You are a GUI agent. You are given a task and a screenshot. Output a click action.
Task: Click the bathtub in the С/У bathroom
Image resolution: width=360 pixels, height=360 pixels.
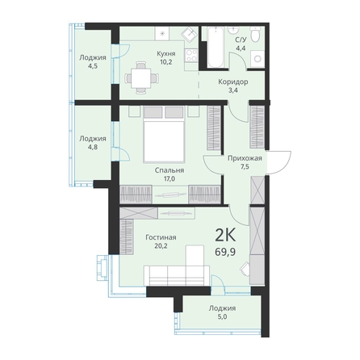[x=216, y=47]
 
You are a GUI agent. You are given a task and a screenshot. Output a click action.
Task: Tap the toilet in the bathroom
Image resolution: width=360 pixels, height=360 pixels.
[x=255, y=34]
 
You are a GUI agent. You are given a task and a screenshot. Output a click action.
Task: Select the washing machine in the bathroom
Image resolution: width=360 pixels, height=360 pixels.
[x=257, y=59]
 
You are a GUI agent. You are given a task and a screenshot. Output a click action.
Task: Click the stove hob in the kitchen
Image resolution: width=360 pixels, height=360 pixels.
[x=191, y=56]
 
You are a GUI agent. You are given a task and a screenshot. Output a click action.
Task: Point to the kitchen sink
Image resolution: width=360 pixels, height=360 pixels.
[x=190, y=34]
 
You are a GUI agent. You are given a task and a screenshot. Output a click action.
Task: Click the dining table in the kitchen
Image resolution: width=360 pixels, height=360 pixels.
[x=141, y=78]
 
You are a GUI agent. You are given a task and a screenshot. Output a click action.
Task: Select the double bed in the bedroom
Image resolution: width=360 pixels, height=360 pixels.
[x=164, y=135]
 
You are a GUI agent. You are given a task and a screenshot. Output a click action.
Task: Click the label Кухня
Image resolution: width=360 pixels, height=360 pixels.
[x=166, y=53]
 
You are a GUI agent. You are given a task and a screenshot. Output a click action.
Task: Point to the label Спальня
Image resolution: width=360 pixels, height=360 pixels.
[x=170, y=170]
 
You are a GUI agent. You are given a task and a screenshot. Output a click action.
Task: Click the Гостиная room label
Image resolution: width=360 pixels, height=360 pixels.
[x=161, y=237]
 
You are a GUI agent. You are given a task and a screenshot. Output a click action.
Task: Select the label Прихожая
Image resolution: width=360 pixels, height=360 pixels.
[x=245, y=158]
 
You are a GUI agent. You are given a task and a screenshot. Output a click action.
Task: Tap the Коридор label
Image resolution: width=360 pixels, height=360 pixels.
[x=233, y=82]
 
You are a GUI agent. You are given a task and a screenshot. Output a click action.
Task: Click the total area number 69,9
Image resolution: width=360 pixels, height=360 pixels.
[x=225, y=252]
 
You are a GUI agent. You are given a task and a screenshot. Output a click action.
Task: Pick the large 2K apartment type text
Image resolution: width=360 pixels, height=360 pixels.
[x=225, y=236]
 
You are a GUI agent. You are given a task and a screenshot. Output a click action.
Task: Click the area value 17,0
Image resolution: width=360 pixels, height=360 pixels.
[x=169, y=178]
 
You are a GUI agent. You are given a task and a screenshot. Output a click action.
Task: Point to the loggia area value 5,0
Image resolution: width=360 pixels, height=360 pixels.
[x=221, y=316]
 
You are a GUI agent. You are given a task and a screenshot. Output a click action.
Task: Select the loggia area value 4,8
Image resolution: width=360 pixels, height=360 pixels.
[x=92, y=147]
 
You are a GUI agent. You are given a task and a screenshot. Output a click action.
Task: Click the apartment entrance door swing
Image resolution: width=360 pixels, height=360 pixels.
[x=280, y=163]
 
